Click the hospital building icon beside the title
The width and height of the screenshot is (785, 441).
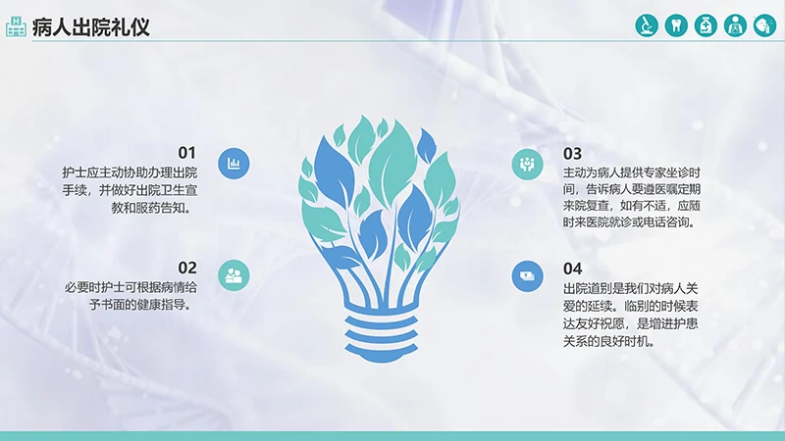(x=15, y=26)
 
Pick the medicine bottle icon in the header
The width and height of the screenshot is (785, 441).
(x=705, y=25)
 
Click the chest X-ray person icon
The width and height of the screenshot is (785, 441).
(x=735, y=25)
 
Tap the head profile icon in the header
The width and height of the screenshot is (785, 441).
(x=764, y=25)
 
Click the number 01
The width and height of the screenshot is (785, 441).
(x=186, y=153)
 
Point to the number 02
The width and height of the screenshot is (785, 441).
(x=186, y=268)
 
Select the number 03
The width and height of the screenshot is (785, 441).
(x=572, y=153)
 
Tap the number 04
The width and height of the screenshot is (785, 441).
(x=572, y=269)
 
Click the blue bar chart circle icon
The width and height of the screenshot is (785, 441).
(x=234, y=164)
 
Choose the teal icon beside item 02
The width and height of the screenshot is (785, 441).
(x=234, y=274)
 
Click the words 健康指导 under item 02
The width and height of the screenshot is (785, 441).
(x=156, y=305)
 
